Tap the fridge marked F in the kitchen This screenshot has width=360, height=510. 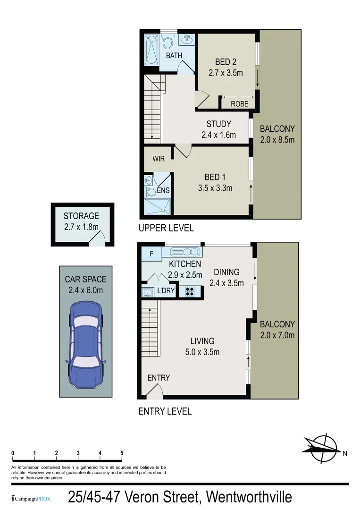(x=151, y=254)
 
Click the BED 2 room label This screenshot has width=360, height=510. (x=226, y=62)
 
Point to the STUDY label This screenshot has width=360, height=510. (x=218, y=124)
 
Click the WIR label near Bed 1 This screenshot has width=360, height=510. (x=159, y=159)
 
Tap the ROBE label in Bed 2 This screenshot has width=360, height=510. (x=239, y=104)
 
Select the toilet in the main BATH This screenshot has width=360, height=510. (x=168, y=42)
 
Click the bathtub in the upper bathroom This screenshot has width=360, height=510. (x=152, y=49)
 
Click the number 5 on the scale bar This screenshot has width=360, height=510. (x=122, y=453)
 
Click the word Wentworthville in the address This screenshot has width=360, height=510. (x=249, y=497)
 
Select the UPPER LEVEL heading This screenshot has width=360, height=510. (x=166, y=228)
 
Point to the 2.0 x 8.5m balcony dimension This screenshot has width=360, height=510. (x=277, y=140)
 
